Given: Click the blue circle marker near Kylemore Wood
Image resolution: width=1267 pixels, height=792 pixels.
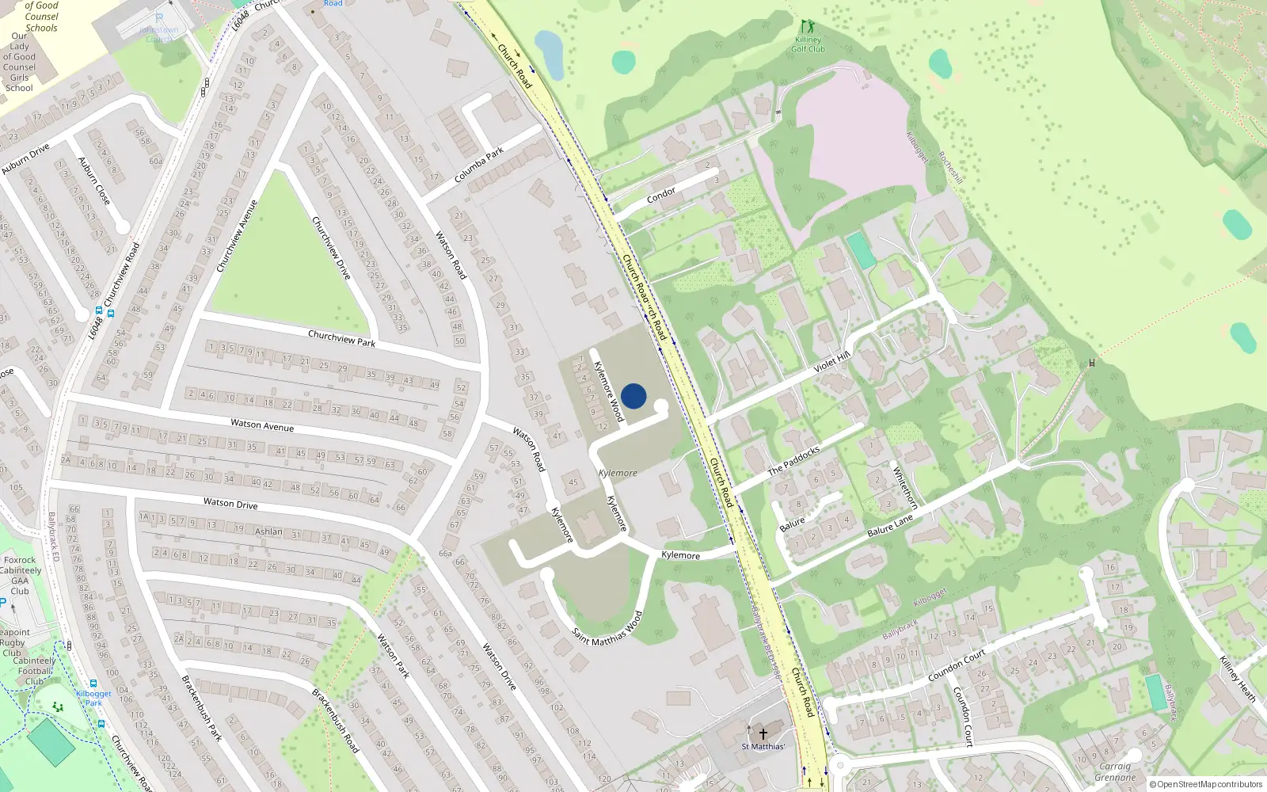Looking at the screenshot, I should click(633, 396).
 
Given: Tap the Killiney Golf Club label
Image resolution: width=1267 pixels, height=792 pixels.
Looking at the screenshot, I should click(808, 44).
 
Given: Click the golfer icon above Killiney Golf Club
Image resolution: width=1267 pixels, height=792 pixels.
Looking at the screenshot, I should click(807, 27).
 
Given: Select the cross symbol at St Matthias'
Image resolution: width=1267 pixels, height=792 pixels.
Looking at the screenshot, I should click(763, 734).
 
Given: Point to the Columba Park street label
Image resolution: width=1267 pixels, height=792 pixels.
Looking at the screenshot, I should click(479, 166).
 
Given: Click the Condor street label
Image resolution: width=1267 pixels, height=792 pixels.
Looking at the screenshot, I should click(661, 195).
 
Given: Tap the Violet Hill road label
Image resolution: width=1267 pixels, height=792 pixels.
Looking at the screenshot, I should click(831, 363).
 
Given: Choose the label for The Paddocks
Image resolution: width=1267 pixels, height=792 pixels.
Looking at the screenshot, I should click(793, 461).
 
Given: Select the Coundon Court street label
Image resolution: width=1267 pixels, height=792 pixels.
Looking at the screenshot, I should click(957, 665).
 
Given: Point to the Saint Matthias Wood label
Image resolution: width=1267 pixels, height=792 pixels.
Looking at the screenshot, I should click(607, 628).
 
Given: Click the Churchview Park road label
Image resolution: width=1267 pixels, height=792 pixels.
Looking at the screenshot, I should click(341, 338).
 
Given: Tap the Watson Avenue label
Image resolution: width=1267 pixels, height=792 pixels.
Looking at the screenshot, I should click(262, 425).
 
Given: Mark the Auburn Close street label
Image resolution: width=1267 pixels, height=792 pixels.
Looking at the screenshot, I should click(94, 181).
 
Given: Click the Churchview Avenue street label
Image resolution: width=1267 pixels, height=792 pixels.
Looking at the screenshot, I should click(237, 236).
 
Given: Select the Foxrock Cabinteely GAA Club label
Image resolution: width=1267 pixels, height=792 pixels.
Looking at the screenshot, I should click(20, 575).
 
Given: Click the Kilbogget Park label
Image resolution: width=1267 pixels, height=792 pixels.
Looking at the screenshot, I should click(93, 698).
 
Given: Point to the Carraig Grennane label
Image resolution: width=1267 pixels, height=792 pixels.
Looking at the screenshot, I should click(1115, 771).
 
